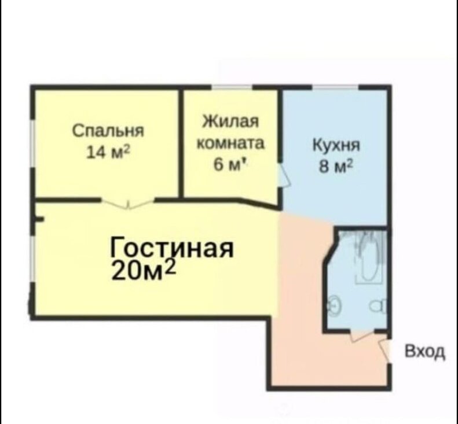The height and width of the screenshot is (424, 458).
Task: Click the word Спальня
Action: (108, 131)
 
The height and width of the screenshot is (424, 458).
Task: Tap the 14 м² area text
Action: (108, 152)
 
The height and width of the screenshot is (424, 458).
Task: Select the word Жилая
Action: (231, 121)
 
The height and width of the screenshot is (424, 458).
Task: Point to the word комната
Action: (230, 143)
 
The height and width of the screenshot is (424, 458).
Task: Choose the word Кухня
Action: (336, 145)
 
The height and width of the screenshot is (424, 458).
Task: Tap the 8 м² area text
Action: (336, 167)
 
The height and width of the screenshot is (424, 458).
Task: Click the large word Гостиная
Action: (172, 248)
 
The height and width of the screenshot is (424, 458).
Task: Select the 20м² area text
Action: (144, 270)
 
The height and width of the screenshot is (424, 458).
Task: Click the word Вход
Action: (425, 352)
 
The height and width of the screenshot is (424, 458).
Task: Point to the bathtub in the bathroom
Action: (369, 257)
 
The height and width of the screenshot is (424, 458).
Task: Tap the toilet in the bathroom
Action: (379, 307)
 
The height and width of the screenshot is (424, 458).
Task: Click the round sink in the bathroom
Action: (334, 305)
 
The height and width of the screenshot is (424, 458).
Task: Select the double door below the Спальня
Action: (127, 204)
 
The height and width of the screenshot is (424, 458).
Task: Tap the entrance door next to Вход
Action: (384, 350)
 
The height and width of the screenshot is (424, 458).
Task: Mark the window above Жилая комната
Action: (232, 87)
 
